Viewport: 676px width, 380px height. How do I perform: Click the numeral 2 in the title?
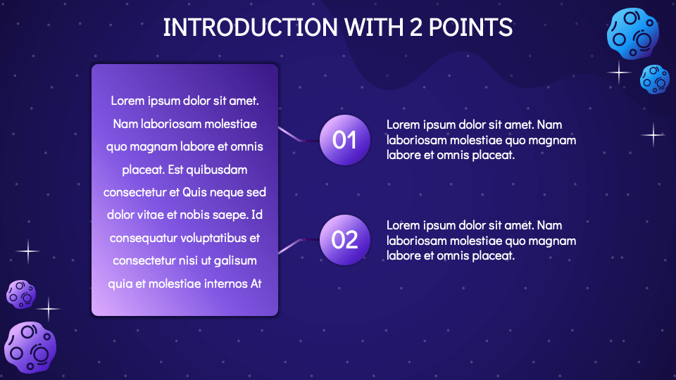[x=416, y=27]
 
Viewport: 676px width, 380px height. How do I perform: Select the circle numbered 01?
[x=344, y=140]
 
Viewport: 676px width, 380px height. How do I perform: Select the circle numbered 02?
[x=344, y=240]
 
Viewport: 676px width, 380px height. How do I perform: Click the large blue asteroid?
[x=633, y=33]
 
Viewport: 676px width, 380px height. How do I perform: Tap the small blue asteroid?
[x=655, y=79]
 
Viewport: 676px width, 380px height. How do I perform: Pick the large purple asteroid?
[x=30, y=347]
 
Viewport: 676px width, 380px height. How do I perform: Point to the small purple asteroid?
[x=21, y=293]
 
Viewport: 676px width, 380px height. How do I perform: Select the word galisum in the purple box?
[x=234, y=261]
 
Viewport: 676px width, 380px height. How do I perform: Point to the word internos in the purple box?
[x=215, y=284]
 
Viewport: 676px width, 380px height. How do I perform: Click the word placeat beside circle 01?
[x=494, y=156]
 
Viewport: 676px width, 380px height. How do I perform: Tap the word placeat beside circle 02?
[x=494, y=255]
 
